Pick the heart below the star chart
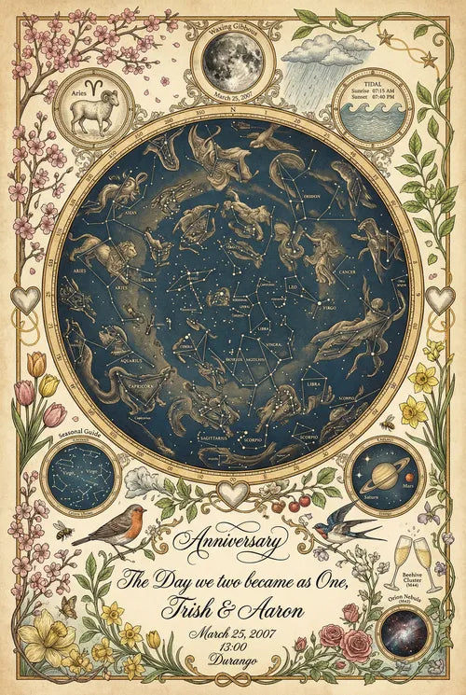click(232, 493)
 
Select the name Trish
click(190, 611)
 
